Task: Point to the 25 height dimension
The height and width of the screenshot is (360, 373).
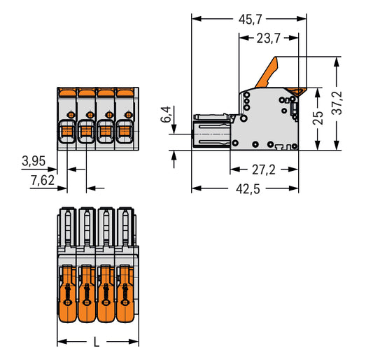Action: click(x=318, y=118)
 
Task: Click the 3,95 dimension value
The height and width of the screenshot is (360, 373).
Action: click(x=33, y=162)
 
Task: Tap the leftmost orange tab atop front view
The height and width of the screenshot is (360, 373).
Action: click(x=67, y=92)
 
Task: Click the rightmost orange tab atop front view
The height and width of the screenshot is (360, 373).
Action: click(x=127, y=92)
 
